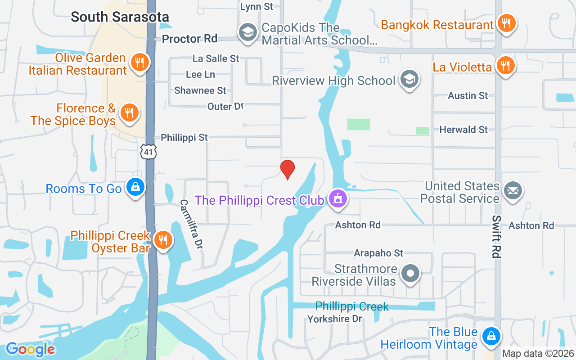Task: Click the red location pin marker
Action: tap(288, 169)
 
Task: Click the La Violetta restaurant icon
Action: tap(506, 66)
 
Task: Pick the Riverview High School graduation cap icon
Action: tap(409, 79)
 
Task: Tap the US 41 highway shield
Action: tap(148, 152)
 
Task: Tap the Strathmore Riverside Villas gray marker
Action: tap(410, 273)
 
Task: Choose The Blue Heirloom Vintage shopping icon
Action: tap(490, 337)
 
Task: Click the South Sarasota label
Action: tap(120, 17)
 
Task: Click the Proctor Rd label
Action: tap(189, 39)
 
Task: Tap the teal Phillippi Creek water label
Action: tap(351, 306)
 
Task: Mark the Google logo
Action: tap(31, 349)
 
